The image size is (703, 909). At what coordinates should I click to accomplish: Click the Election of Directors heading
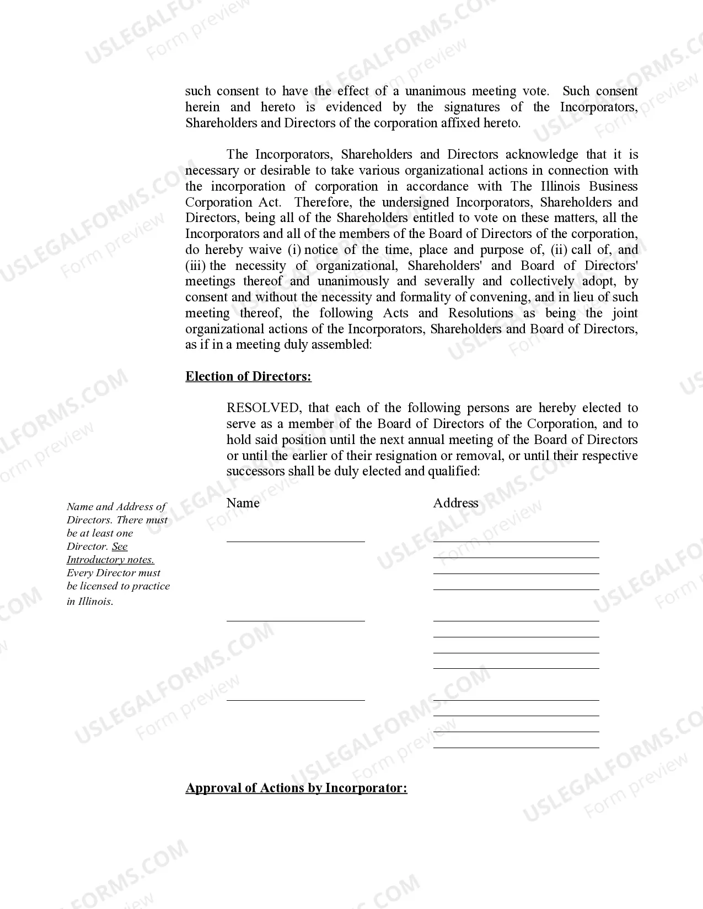(x=248, y=377)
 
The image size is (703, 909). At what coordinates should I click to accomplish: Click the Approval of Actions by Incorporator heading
(x=296, y=788)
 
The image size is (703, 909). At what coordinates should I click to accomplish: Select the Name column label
(x=243, y=503)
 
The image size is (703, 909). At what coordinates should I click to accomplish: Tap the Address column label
(x=455, y=503)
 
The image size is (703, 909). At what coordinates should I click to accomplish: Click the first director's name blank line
(x=296, y=540)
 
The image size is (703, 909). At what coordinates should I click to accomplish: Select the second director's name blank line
(x=296, y=620)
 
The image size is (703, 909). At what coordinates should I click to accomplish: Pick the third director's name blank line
(x=296, y=699)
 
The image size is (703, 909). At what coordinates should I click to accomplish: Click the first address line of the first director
(x=516, y=540)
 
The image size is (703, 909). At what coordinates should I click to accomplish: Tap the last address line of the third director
(x=516, y=746)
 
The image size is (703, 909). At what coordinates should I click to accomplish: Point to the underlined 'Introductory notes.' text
(x=110, y=560)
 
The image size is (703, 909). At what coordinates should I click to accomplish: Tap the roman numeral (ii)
(x=559, y=250)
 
